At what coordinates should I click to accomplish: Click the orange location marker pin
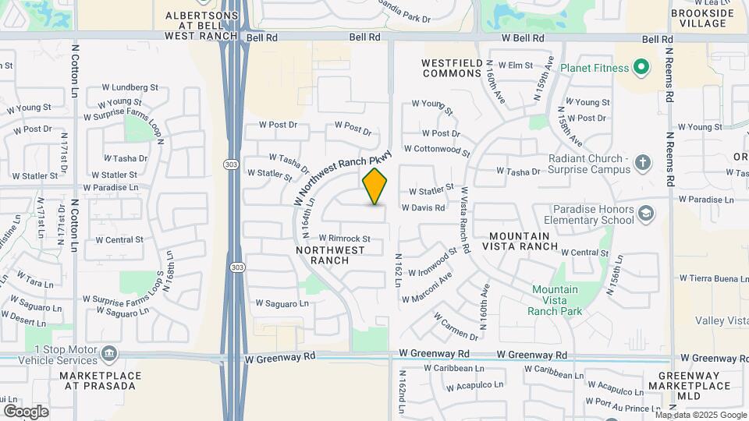pos(375,186)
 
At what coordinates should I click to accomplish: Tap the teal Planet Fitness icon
pos(642,68)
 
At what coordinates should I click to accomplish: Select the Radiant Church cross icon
pos(642,163)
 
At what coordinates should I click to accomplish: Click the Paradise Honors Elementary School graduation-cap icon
pos(647,214)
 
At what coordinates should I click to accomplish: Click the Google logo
pos(26,412)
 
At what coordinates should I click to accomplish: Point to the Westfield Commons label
pos(452,68)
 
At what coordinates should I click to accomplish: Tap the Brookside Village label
pos(702,19)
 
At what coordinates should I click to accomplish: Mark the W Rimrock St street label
pos(343,239)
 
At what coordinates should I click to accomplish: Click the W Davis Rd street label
pos(423,208)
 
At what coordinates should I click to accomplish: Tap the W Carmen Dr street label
pos(455,328)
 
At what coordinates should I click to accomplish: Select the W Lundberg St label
pos(130,87)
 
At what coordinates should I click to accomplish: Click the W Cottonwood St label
pos(437,149)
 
